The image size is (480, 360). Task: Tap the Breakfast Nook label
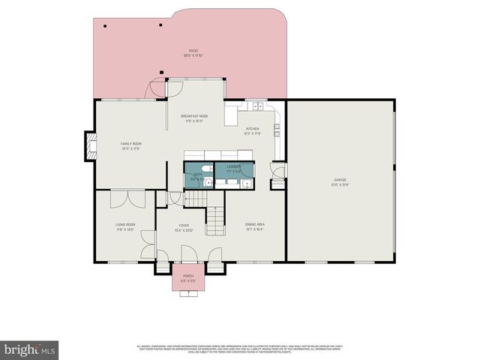[x=194, y=118]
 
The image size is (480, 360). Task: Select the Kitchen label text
[x=253, y=130]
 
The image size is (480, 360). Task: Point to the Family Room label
[x=131, y=145]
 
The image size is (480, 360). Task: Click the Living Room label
[x=124, y=226]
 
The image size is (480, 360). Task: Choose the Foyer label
[x=184, y=227]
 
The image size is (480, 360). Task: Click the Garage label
[x=340, y=182]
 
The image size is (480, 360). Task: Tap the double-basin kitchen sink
[x=257, y=106]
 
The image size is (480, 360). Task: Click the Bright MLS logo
[x=30, y=349]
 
